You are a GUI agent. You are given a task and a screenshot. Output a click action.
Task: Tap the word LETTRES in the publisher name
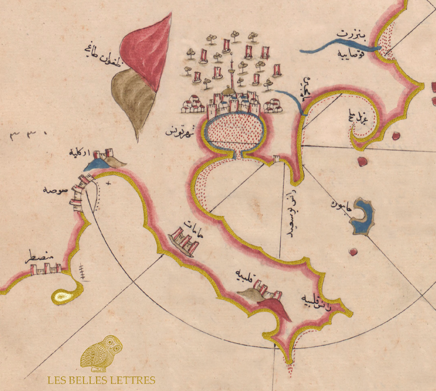pos(132,380)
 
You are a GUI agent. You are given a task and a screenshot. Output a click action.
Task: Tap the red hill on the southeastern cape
pos(274,309)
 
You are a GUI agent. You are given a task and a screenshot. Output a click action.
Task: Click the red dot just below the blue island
pos(354,252)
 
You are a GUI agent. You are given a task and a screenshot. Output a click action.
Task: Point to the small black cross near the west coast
pos(109,184)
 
